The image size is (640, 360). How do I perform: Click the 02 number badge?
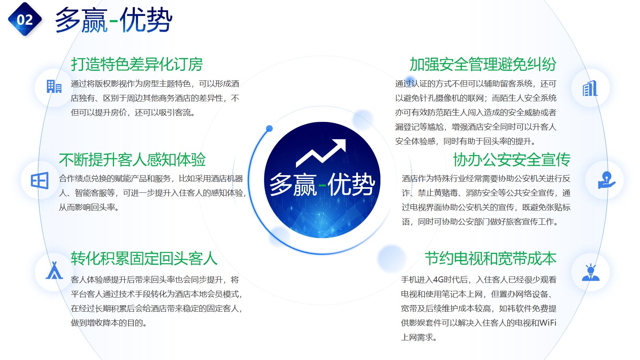point(25,19)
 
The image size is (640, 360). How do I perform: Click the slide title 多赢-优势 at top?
point(114,20)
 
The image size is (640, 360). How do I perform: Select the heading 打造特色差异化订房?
point(137,64)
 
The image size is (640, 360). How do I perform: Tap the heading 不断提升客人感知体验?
point(132,160)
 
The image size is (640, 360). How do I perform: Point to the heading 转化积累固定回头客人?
point(144,258)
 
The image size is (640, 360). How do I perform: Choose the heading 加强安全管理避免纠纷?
point(483,64)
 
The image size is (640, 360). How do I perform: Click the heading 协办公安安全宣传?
point(512,160)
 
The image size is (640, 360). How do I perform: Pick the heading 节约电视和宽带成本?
point(490,258)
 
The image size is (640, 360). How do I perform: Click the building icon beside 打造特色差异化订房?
point(54,86)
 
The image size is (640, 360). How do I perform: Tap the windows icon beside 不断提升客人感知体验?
point(40,180)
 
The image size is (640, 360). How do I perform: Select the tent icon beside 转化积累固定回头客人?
point(54,270)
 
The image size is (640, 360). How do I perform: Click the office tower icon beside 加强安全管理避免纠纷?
point(590,88)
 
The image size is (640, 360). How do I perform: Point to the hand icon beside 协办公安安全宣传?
point(606,180)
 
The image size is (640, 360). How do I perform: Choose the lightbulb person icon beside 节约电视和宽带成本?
point(590,272)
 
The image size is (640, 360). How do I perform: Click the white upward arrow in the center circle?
point(321,153)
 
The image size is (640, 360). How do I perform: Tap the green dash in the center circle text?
point(322,186)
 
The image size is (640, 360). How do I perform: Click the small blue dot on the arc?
point(269,128)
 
